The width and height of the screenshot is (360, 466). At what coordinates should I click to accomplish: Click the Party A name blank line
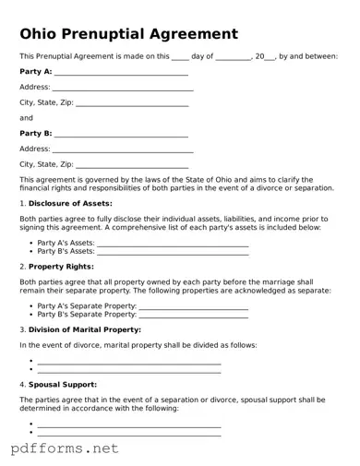tap(121, 73)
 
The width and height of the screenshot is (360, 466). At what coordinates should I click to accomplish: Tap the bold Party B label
tap(35, 134)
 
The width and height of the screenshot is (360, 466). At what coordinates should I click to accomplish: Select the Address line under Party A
tap(123, 89)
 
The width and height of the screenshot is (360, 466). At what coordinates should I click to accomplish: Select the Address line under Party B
tap(123, 149)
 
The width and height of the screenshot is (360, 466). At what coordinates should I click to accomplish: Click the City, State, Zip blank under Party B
tap(131, 165)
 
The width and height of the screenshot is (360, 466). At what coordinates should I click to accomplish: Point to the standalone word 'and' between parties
tap(26, 118)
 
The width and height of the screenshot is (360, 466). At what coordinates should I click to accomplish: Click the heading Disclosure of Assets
tap(70, 203)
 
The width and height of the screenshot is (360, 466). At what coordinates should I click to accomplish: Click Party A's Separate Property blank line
tap(193, 306)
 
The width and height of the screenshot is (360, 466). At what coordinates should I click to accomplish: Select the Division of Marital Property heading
tap(85, 329)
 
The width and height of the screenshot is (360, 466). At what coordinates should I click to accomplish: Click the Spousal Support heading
tap(63, 384)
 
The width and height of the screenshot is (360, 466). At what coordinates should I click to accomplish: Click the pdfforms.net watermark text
tap(65, 448)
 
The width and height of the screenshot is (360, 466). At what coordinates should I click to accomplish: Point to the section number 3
tap(22, 329)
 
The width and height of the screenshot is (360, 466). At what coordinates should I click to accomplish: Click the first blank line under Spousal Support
tap(128, 424)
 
